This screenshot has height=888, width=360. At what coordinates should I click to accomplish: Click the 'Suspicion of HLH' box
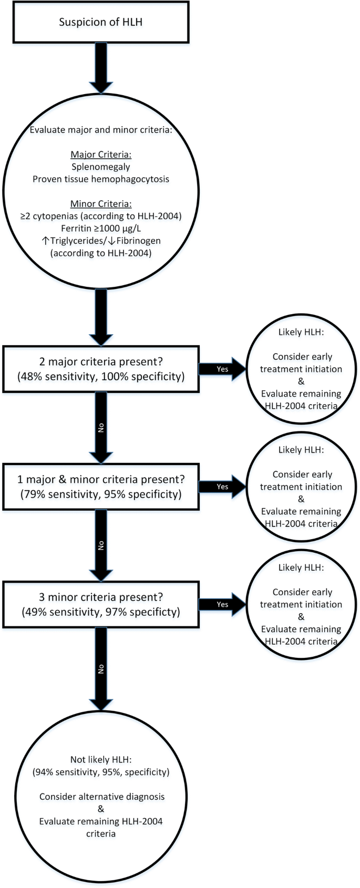point(101,22)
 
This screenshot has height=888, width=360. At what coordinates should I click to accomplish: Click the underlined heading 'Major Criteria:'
point(100,154)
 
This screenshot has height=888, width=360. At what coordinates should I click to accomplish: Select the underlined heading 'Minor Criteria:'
point(100,203)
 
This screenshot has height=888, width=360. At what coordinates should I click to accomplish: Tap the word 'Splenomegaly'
point(100,167)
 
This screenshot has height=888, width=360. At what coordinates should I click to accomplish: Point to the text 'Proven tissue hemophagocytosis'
point(100,179)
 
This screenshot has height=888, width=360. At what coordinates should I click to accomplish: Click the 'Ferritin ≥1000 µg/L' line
point(100,229)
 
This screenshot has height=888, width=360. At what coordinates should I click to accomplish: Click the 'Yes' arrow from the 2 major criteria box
point(222,369)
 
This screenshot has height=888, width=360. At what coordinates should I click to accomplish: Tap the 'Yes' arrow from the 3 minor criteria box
point(222,605)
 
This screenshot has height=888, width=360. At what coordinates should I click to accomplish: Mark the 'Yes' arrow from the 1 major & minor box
point(222,487)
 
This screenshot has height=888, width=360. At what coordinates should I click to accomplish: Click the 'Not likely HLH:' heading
point(100,759)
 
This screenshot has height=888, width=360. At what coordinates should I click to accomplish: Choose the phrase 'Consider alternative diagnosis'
point(101,797)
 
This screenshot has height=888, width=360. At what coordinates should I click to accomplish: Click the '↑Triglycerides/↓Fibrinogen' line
point(100,241)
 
